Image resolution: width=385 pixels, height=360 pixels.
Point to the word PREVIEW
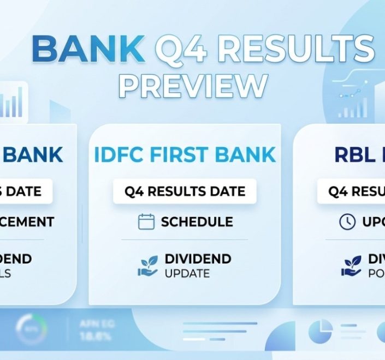click(x=193, y=86)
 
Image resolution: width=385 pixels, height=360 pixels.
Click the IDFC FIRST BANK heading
click(x=185, y=155)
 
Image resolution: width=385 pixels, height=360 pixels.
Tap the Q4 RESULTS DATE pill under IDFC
click(x=185, y=191)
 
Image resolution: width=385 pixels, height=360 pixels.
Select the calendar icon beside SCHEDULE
click(x=146, y=221)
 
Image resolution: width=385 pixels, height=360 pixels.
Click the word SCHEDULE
click(x=197, y=222)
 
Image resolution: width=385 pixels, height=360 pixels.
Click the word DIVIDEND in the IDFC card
click(x=198, y=259)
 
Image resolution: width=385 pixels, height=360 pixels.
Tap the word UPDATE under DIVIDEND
click(x=187, y=273)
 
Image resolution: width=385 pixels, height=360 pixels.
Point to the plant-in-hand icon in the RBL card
click(x=352, y=265)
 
